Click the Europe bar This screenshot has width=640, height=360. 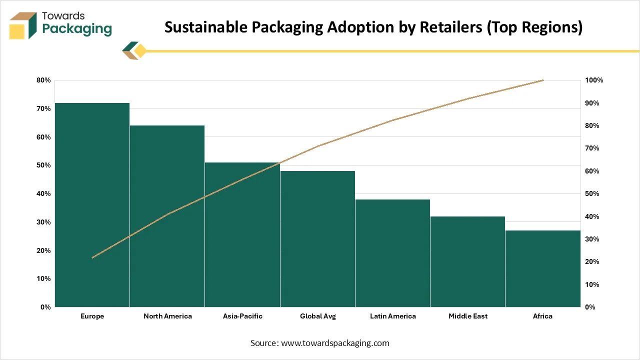92,205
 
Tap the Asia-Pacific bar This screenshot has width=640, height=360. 242,234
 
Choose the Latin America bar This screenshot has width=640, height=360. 392,253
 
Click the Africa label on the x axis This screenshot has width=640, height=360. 542,316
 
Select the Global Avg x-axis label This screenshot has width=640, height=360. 318,316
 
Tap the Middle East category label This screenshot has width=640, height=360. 468,316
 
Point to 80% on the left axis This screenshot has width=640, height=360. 43,80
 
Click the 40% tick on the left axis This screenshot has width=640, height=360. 43,193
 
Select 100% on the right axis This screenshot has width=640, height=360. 594,80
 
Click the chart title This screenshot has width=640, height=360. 373,27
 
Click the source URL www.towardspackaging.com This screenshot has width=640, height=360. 335,343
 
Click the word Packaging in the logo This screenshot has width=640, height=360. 77,29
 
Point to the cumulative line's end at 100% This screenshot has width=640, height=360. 543,80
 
